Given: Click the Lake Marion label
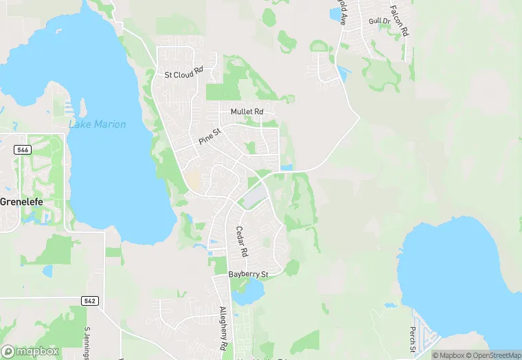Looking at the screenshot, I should coord(97,124).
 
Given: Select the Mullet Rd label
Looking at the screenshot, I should coord(247,111).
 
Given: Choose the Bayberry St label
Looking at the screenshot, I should coord(247,275).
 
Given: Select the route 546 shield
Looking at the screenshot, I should coord(22,148).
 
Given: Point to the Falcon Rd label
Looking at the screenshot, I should coord(400,21).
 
